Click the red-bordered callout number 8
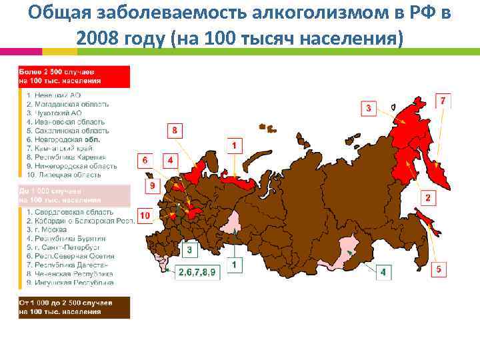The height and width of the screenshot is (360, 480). [x=175, y=130]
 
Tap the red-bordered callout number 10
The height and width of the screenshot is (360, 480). [x=145, y=215]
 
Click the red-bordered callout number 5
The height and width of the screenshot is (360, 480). [x=438, y=269]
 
